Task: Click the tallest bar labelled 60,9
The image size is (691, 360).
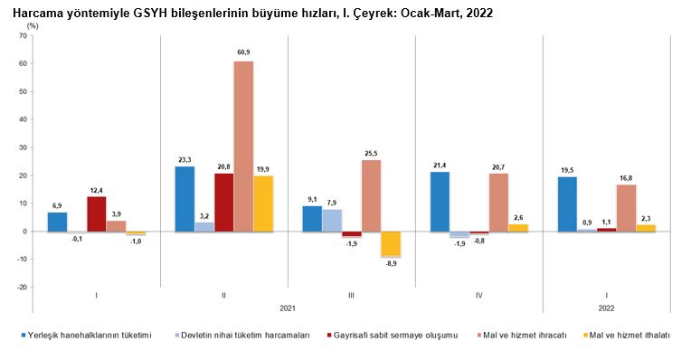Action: [243, 146]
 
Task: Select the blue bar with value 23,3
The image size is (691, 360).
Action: [185, 198]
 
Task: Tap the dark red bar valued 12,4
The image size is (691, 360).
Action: [96, 213]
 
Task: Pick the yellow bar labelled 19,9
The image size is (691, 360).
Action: [262, 203]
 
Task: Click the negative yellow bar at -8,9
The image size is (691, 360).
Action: [390, 243]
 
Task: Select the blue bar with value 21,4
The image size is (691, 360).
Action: [440, 201]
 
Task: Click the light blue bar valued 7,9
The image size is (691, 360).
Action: [331, 220]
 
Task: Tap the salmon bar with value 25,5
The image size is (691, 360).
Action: [371, 195]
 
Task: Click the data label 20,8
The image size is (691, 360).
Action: [223, 166]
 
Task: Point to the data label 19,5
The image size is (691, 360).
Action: [567, 170]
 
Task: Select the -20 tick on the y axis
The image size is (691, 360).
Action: [24, 288]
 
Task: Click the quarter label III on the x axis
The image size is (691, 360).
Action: [351, 295]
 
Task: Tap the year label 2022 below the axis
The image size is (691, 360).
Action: [606, 308]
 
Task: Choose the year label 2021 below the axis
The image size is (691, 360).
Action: [288, 308]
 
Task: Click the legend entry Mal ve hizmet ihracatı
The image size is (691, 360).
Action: [526, 335]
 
